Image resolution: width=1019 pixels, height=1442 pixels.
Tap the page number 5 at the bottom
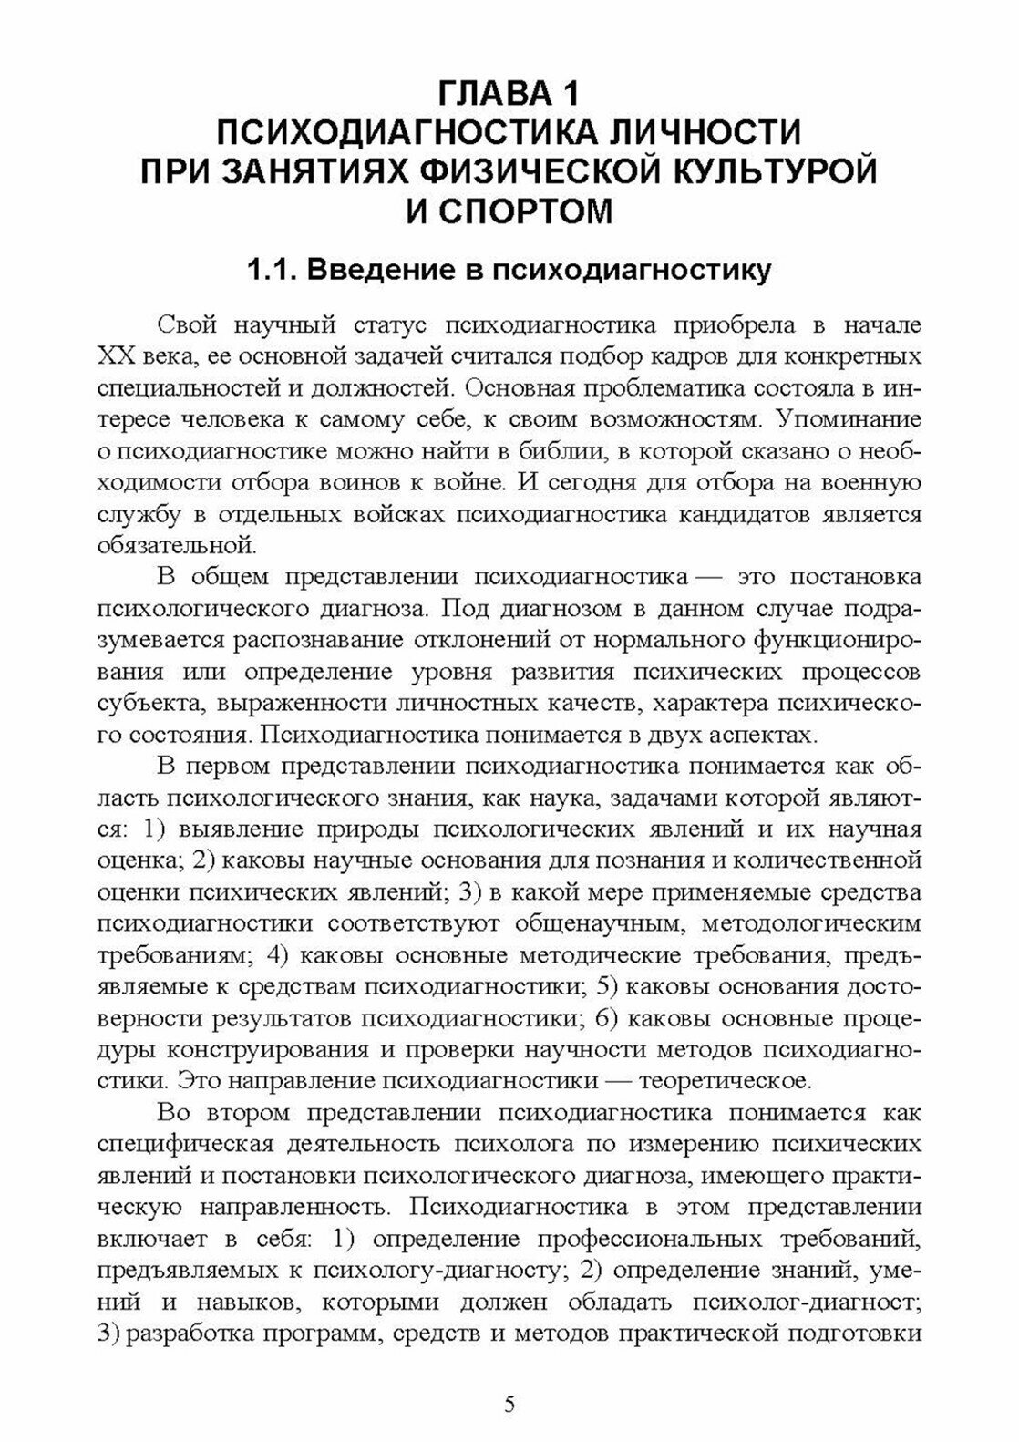point(509,1403)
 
